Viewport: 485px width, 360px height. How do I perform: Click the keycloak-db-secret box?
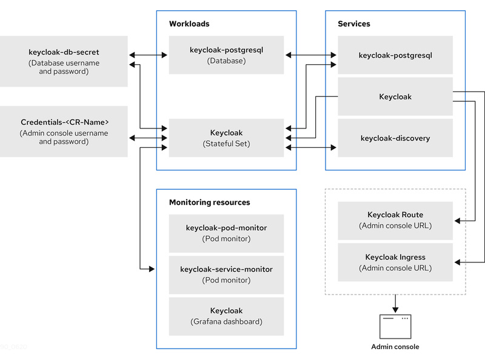(64, 61)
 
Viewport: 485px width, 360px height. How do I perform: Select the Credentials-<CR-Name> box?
(64, 132)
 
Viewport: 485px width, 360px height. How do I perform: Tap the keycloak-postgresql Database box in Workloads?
(226, 55)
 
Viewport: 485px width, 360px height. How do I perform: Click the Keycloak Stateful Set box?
(226, 138)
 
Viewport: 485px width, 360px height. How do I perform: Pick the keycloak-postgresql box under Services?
(395, 55)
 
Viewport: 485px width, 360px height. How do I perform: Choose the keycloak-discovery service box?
(395, 138)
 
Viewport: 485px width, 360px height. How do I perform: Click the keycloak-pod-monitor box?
(226, 233)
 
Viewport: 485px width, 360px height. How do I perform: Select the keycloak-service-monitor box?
(226, 274)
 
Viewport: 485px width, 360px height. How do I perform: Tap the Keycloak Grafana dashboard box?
(226, 315)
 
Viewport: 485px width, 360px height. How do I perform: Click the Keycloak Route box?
(395, 220)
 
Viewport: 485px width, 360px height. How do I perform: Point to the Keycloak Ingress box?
(395, 262)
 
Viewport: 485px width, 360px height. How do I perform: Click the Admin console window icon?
(395, 326)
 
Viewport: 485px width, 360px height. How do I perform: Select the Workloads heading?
(189, 24)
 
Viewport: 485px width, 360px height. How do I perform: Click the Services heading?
(354, 24)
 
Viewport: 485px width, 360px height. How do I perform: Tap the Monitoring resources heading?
(209, 202)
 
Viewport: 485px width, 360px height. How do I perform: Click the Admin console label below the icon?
(395, 347)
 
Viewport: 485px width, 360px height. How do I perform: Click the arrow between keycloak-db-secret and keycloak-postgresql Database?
(149, 55)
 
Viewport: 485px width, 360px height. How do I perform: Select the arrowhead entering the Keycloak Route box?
(458, 222)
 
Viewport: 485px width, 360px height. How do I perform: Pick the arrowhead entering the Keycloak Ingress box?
(458, 262)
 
